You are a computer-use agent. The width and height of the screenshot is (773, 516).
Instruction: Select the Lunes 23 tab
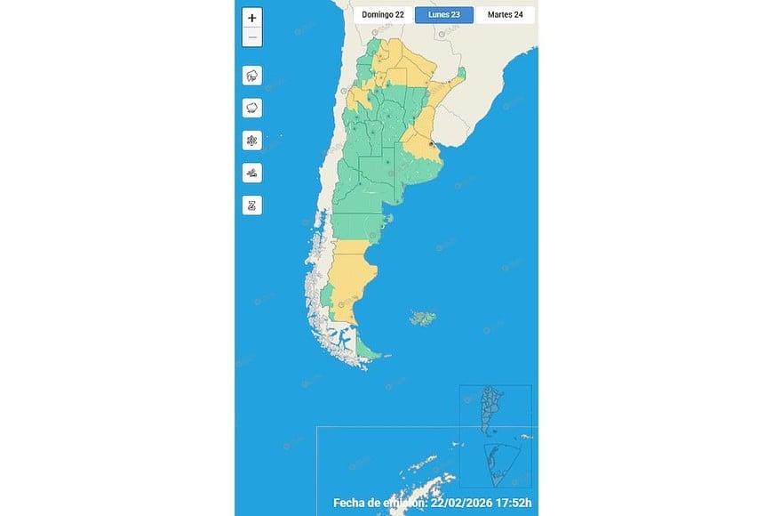[x=444, y=14]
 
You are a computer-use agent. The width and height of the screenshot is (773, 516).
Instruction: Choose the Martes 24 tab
[x=505, y=14]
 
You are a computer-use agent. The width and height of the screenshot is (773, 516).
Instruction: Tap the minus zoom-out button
[x=252, y=37]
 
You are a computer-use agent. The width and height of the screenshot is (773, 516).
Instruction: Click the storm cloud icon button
[x=252, y=76]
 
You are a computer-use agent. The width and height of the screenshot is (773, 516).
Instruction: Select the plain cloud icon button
[x=252, y=108]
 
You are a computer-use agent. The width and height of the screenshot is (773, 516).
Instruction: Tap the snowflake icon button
[x=252, y=141]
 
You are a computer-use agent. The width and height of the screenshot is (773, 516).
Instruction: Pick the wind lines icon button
[x=252, y=173]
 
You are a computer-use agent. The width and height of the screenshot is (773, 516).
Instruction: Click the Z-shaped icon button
[x=252, y=205]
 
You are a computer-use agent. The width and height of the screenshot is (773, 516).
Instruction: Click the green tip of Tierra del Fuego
[x=374, y=354]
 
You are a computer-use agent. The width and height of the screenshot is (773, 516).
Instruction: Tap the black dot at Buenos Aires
[x=431, y=142]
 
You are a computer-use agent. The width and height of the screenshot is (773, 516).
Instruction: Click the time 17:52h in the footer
[x=511, y=503]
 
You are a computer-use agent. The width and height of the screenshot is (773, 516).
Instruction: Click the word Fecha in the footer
[x=351, y=503]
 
